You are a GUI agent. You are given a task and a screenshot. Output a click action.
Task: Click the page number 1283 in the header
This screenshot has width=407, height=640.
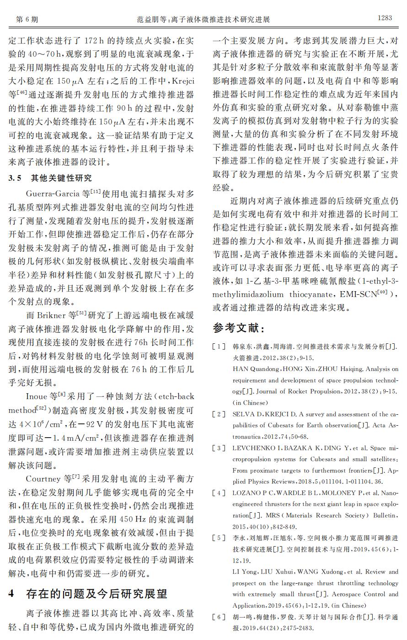(x=385, y=18)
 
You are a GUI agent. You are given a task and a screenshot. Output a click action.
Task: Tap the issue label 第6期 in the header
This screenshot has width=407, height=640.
(x=27, y=19)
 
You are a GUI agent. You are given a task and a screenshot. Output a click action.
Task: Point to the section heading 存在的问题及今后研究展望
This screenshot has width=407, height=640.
(x=96, y=594)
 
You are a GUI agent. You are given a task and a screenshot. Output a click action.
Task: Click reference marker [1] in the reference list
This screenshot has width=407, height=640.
(x=220, y=347)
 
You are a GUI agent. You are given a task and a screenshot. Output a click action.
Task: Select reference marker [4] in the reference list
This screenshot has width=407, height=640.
(x=220, y=493)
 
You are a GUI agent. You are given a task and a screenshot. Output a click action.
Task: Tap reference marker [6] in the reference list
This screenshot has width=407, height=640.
(x=220, y=617)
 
